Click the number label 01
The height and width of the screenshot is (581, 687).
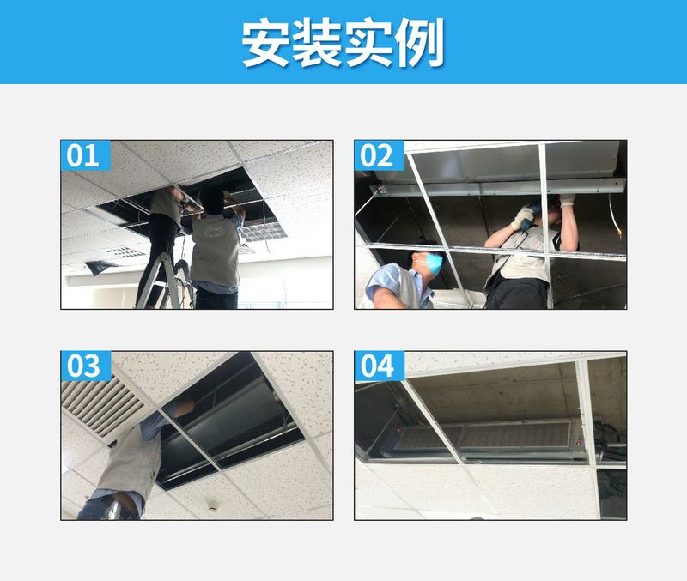(83, 156)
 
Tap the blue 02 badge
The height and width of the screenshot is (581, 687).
(377, 156)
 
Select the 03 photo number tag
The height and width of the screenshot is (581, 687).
(83, 366)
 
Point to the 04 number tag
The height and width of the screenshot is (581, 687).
(377, 366)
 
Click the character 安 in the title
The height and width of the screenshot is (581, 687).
(265, 43)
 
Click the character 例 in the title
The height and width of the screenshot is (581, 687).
(420, 43)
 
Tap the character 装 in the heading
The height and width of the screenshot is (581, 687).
(317, 43)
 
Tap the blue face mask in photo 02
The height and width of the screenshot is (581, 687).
(435, 262)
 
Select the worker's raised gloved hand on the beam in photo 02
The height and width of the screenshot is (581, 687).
(567, 201)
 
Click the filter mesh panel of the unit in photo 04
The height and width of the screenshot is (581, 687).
(489, 437)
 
